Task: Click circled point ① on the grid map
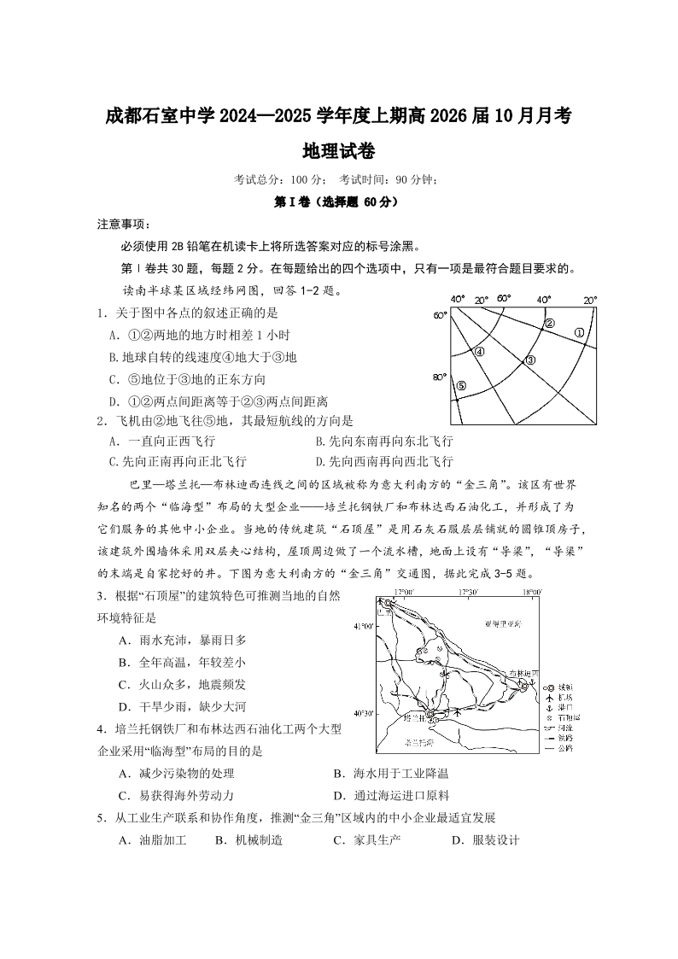click(578, 333)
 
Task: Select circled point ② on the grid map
click(550, 324)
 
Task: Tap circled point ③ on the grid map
click(529, 360)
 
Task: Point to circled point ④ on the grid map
click(479, 351)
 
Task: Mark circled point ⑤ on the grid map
click(460, 386)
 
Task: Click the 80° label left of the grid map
click(440, 377)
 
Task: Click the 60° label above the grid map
click(503, 299)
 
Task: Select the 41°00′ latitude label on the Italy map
click(363, 626)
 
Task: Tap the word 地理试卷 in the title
click(339, 151)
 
